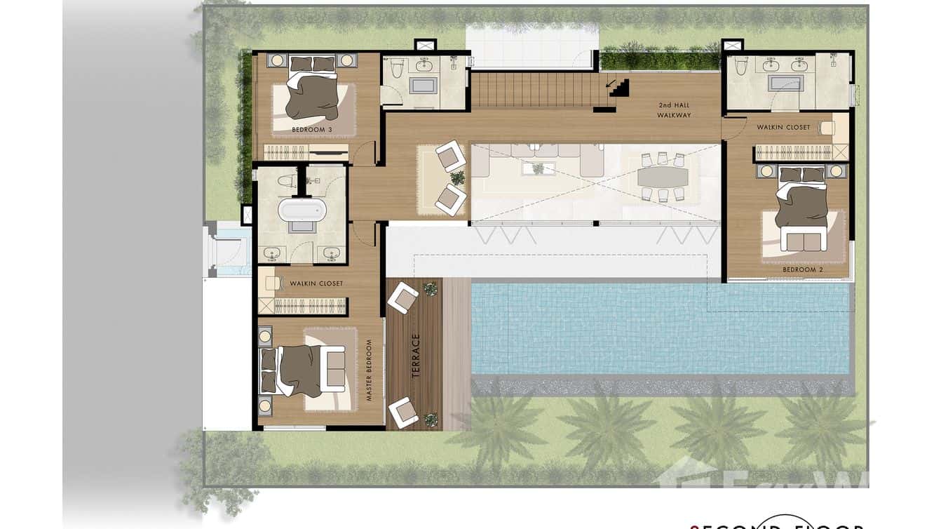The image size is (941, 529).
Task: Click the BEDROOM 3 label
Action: coord(313,130)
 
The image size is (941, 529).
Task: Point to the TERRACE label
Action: coord(416,356)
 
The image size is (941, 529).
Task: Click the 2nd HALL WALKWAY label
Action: coord(674,110)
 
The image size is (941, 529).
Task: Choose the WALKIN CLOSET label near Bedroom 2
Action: coord(783,128)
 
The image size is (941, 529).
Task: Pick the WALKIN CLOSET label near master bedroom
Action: coord(316,283)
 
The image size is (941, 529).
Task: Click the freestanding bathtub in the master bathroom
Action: coord(302,210)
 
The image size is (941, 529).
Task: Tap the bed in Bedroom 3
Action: coord(313,96)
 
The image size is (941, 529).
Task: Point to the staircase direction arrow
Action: coord(619,88)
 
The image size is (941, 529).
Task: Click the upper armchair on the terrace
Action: coord(402,298)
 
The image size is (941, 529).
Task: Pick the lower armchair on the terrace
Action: coord(403,412)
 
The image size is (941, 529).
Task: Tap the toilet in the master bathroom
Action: coord(287,182)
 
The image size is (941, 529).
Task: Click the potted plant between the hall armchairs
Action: coord(457,178)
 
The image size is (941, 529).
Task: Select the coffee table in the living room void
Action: coord(538,168)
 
